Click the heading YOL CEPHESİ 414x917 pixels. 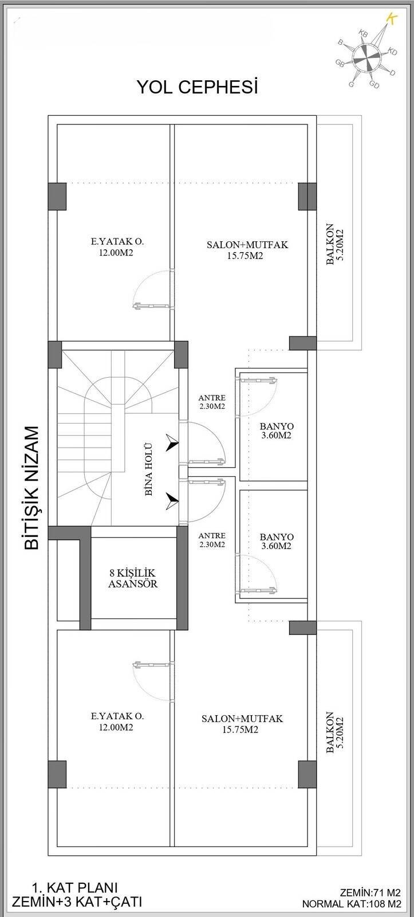(x=197, y=88)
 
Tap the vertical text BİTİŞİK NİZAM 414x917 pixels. (x=33, y=487)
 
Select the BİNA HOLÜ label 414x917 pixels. (x=148, y=469)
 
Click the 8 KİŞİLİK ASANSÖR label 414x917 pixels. (x=133, y=578)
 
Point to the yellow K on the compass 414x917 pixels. (x=392, y=18)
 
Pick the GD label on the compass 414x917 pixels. (x=374, y=85)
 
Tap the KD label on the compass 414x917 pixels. (x=392, y=52)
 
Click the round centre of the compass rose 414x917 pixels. (x=366, y=56)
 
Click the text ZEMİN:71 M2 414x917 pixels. (x=370, y=892)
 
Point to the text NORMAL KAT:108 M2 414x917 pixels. (x=352, y=904)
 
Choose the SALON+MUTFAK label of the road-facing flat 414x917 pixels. (x=247, y=250)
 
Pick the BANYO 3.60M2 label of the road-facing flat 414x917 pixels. (x=277, y=431)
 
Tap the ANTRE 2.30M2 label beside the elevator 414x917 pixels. (x=211, y=540)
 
